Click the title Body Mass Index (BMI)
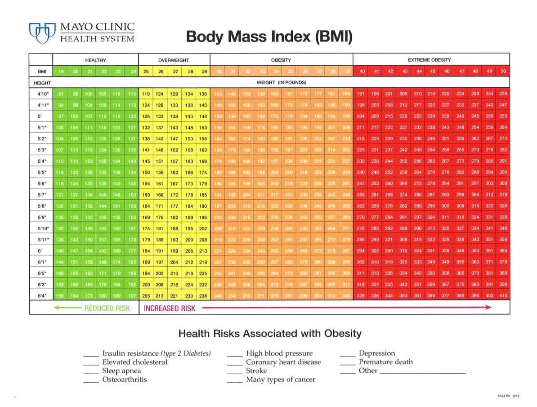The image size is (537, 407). pyautogui.click(x=269, y=36)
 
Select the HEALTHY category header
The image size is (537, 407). pyautogui.click(x=95, y=60)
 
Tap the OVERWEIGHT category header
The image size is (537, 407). pyautogui.click(x=174, y=60)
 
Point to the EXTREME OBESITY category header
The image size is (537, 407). pyautogui.click(x=429, y=60)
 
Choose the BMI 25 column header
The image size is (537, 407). pyautogui.click(x=146, y=71)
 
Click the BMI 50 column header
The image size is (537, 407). pyautogui.click(x=503, y=71)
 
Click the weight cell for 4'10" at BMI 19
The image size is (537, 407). pyautogui.click(x=60, y=94)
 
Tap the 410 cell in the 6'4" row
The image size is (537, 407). pyautogui.click(x=503, y=295)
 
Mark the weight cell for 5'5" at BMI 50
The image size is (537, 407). pyautogui.click(x=503, y=172)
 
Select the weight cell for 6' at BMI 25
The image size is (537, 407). pyautogui.click(x=146, y=250)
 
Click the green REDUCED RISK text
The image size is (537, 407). pyautogui.click(x=107, y=308)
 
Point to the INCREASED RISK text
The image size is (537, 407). pyautogui.click(x=170, y=308)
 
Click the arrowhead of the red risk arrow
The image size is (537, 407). pyautogui.click(x=488, y=308)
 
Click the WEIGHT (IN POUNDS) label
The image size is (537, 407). pyautogui.click(x=281, y=83)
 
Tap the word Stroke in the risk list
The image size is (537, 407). pyautogui.click(x=256, y=371)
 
